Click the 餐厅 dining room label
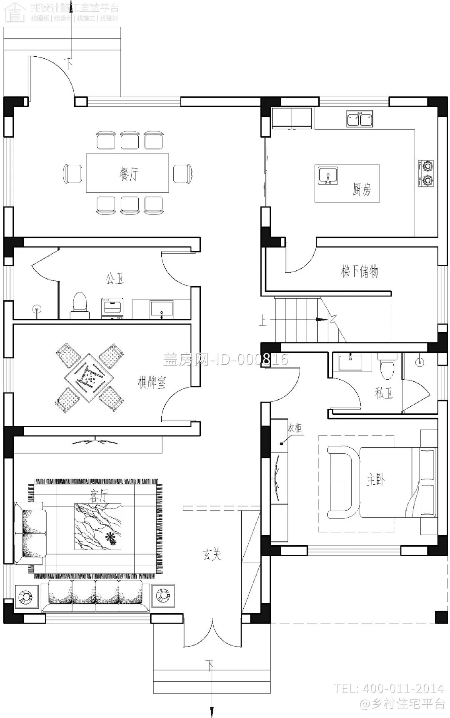pyautogui.click(x=128, y=174)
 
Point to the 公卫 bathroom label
pyautogui.click(x=115, y=278)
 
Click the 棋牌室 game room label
pyautogui.click(x=152, y=383)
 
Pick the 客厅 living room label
pyautogui.click(x=98, y=496)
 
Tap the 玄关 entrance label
pyautogui.click(x=212, y=554)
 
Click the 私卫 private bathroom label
pyautogui.click(x=383, y=393)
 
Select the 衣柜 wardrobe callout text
pyautogui.click(x=295, y=428)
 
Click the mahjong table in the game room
pyautogui.click(x=90, y=378)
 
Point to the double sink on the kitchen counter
pyautogui.click(x=360, y=119)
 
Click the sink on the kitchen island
pyautogui.click(x=328, y=176)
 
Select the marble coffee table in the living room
pyautogui.click(x=98, y=527)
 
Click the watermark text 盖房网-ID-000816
pyautogui.click(x=225, y=360)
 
